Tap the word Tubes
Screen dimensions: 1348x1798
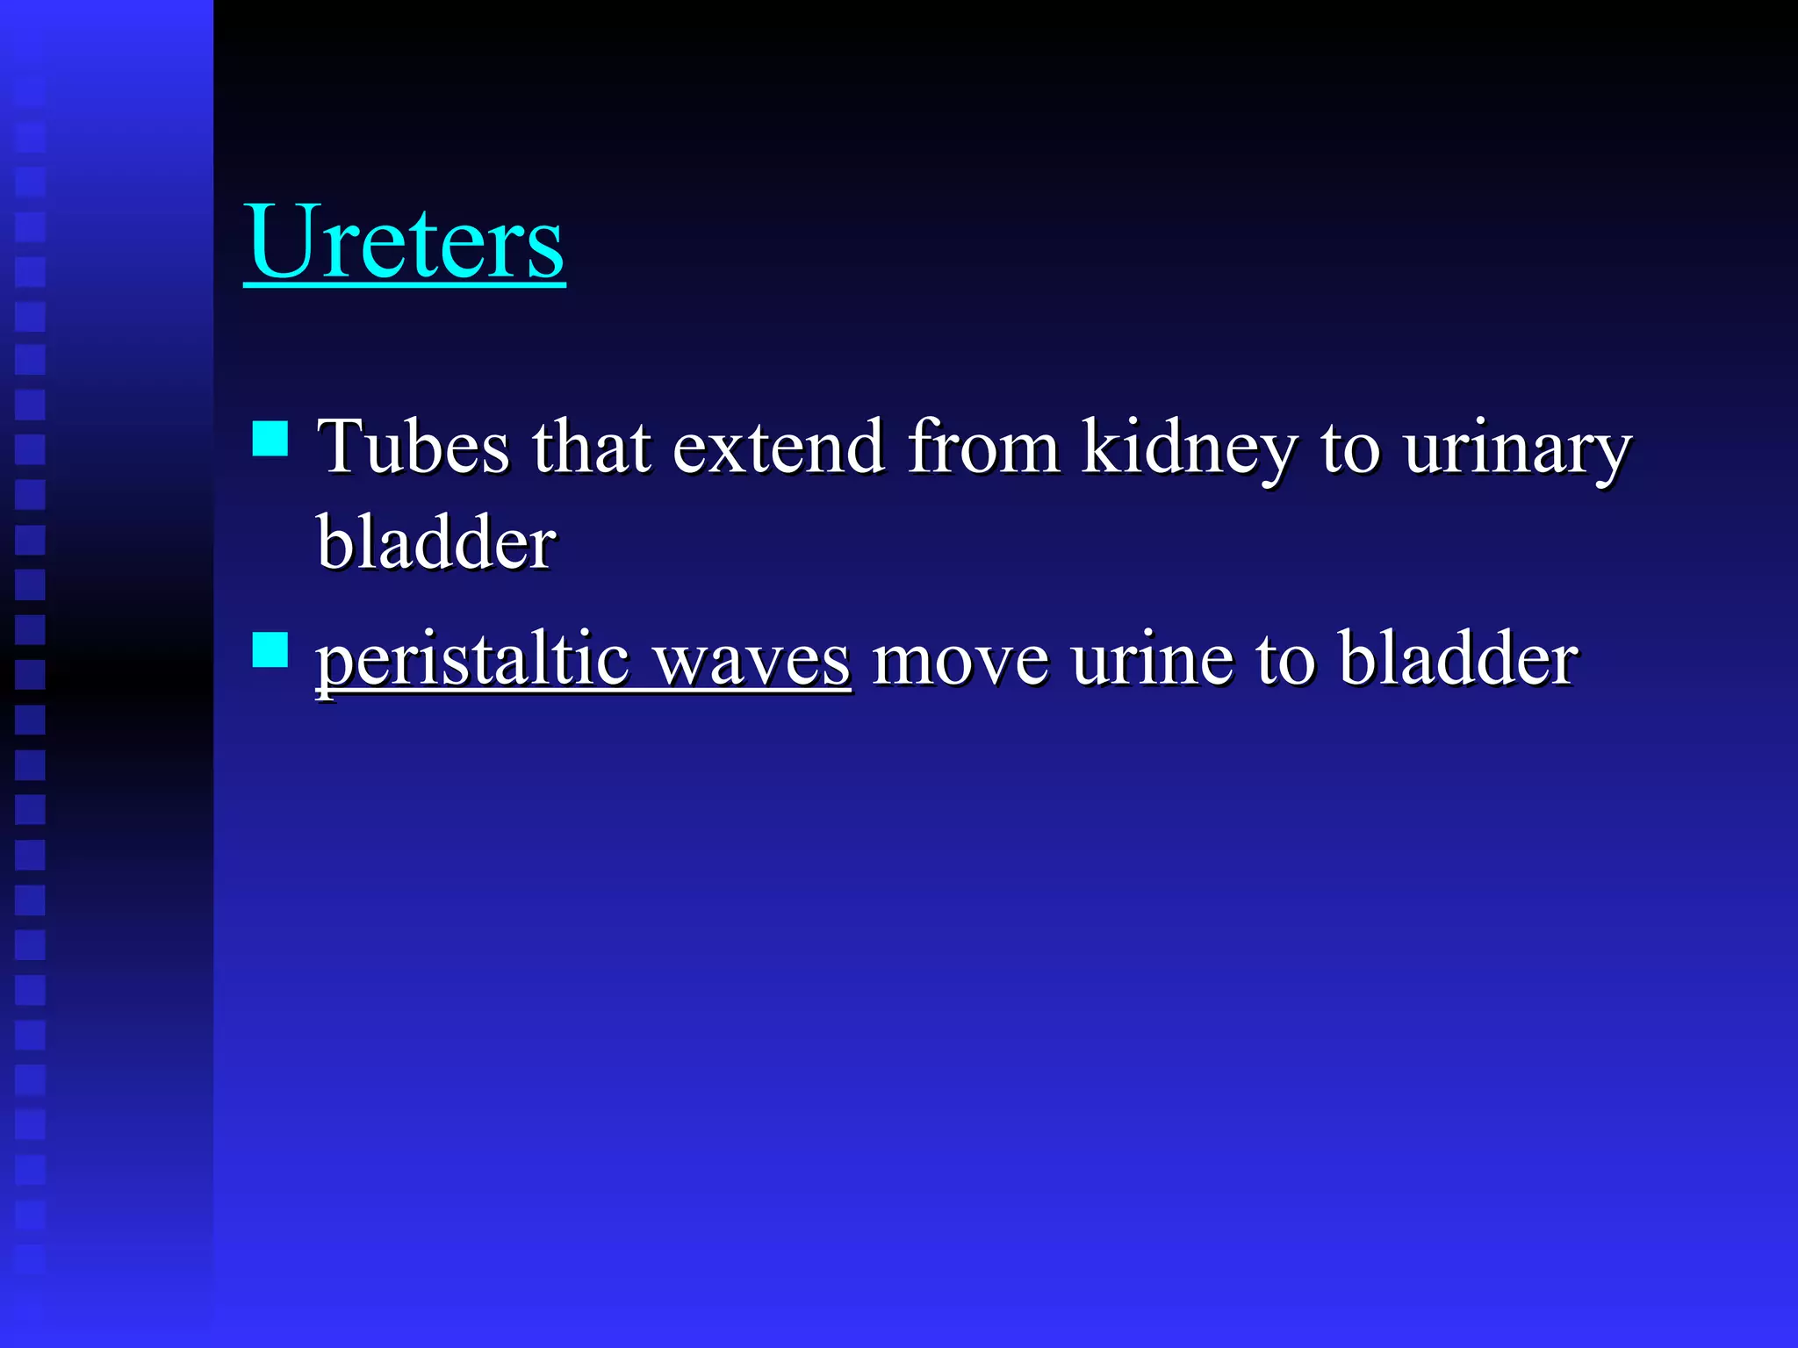point(413,447)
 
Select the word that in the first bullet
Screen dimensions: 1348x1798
point(591,447)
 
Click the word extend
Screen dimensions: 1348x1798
point(778,447)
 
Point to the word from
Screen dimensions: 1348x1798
point(982,447)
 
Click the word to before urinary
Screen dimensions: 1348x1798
point(1350,448)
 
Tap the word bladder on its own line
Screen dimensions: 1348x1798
point(435,541)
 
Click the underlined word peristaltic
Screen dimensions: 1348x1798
point(472,661)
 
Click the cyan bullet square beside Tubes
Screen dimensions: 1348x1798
point(270,439)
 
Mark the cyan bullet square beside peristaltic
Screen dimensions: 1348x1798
point(270,650)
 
